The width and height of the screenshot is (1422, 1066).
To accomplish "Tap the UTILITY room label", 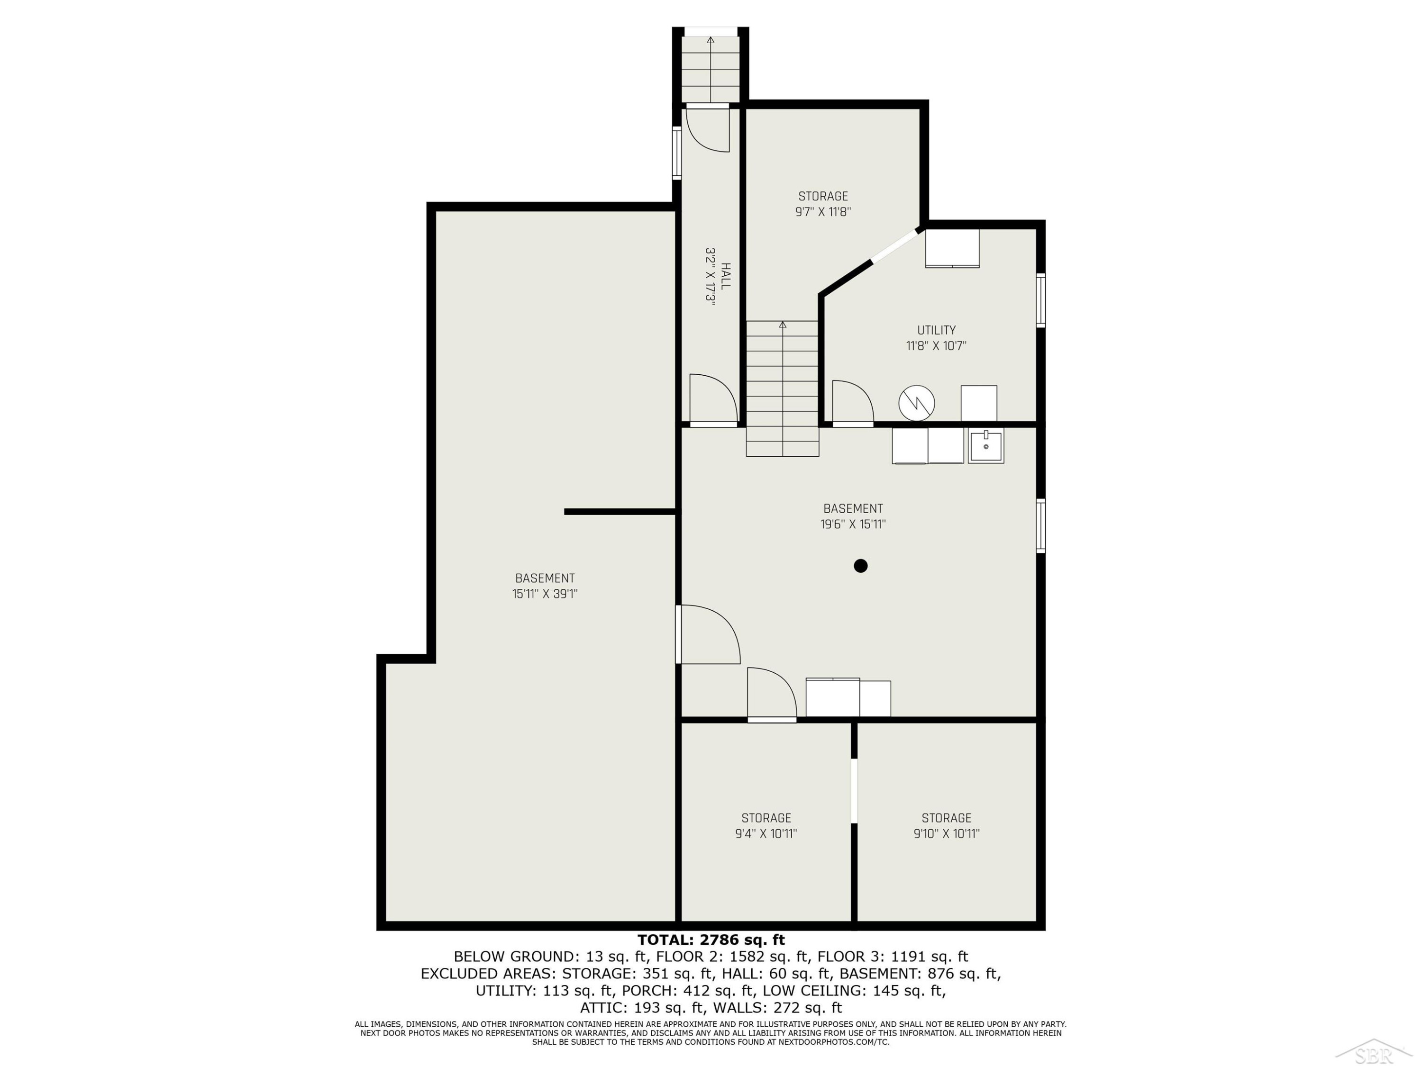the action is coord(936,330).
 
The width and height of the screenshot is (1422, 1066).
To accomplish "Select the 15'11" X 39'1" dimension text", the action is coord(545,594).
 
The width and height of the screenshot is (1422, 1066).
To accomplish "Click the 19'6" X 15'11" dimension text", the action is coord(853,524).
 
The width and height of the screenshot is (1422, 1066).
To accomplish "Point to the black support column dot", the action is coord(861,565).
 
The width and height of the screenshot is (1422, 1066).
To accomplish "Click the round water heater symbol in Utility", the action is coord(917,403).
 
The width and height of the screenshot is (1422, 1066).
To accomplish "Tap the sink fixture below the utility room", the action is coord(986,445).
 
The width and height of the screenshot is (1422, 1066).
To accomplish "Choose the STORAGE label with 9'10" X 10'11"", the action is coord(946,818).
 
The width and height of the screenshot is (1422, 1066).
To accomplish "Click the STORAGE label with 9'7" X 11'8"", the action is coord(823,196).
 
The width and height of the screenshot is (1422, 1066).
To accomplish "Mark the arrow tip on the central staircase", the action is coord(783,323).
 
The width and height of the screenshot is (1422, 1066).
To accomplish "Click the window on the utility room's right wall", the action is coord(1041,300).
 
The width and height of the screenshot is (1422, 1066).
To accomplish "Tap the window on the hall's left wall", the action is coord(677,152).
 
